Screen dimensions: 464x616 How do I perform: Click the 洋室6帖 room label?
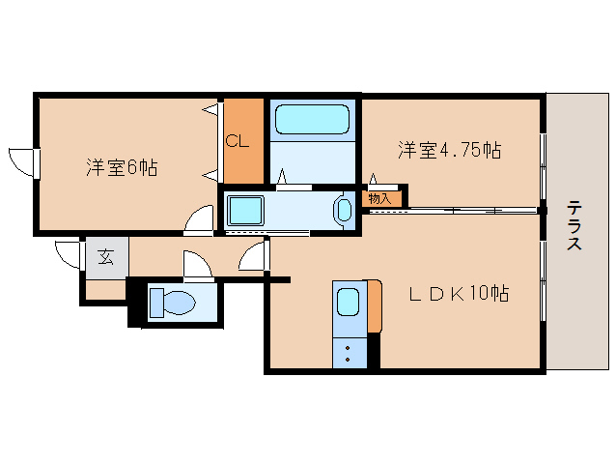tap(122, 167)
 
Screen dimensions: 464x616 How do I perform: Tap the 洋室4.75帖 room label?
tap(450, 150)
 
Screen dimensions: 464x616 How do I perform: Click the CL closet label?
tap(238, 141)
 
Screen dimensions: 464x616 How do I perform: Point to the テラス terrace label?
tap(574, 225)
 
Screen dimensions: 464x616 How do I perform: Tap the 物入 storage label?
tap(379, 198)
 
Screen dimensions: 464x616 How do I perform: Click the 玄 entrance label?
tap(104, 258)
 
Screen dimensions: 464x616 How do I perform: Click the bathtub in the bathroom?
tap(312, 121)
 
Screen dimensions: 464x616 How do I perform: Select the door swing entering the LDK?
tap(253, 257)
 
